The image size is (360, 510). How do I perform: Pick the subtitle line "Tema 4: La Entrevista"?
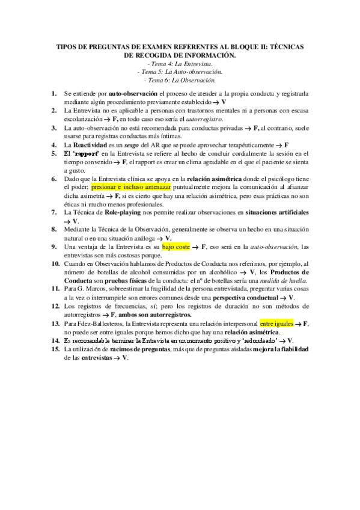[x=180, y=63]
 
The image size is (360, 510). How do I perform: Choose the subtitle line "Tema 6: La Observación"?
[x=180, y=80]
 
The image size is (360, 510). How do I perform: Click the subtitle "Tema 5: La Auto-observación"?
[x=180, y=72]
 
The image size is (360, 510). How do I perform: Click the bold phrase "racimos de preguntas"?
[x=144, y=349]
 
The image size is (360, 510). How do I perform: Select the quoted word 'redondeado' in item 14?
[x=243, y=340]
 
